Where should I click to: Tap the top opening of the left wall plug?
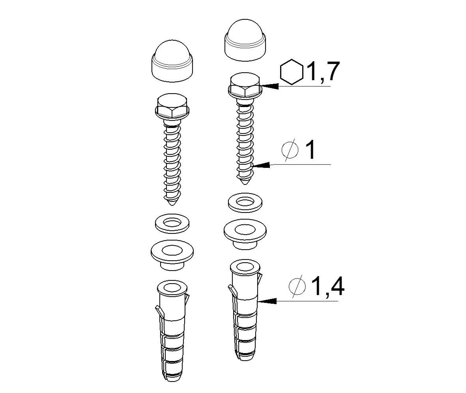click(172, 287)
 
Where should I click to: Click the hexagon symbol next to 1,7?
click(292, 72)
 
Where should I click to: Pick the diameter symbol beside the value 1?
click(291, 150)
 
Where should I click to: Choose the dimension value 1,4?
click(328, 286)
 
